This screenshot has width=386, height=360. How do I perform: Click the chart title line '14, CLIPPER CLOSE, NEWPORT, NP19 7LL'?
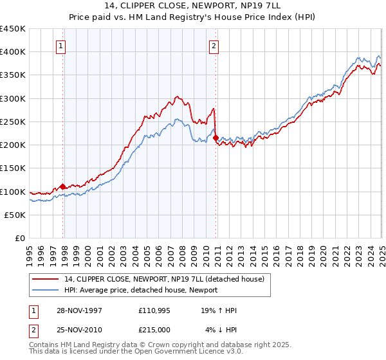tap(192, 6)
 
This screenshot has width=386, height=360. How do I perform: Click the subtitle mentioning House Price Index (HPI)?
tap(192, 16)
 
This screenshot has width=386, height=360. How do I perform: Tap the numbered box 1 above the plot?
tap(60, 46)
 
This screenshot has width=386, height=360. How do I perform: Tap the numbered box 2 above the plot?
tap(213, 46)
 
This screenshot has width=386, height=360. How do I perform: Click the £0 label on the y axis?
tap(19, 238)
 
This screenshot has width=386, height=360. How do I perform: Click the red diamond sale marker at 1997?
tap(62, 186)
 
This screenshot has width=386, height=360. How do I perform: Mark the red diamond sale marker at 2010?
tap(216, 138)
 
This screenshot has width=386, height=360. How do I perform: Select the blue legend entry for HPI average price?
tap(141, 290)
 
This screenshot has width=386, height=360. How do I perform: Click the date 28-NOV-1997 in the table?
tap(80, 310)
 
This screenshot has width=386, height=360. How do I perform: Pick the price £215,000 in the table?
tap(154, 329)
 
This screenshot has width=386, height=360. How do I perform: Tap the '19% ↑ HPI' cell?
tap(221, 310)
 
